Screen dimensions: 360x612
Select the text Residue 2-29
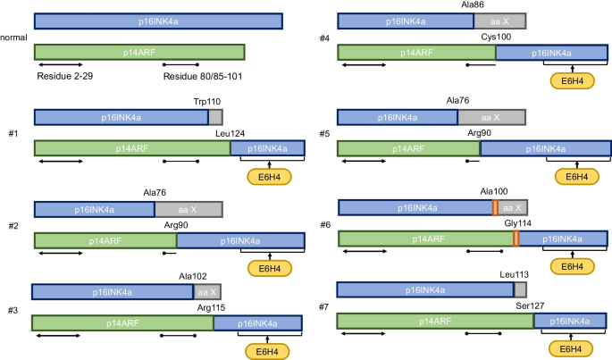[66, 77]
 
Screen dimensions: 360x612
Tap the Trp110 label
[207, 103]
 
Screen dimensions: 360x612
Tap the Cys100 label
[496, 38]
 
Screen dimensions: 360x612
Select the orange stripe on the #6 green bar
[516, 239]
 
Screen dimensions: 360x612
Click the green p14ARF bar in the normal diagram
[138, 54]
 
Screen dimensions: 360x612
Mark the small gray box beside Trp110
[215, 117]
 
